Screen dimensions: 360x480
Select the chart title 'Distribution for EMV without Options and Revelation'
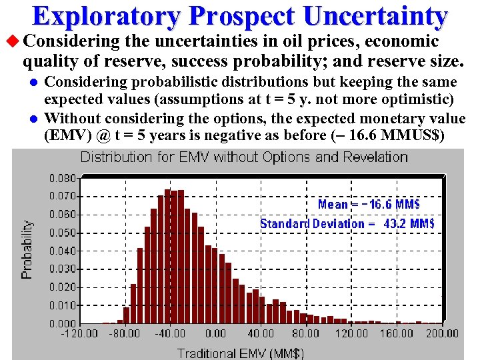coord(244,157)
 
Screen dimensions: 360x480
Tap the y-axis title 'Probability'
coord(27,250)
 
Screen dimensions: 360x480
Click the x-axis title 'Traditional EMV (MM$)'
coord(241,353)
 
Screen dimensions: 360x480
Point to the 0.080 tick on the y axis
coord(63,179)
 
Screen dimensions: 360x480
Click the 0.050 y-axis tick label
coord(63,233)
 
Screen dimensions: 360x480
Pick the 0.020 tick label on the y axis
coord(63,287)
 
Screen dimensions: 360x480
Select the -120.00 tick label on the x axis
coord(79,333)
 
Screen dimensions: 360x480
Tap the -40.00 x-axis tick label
coord(170,333)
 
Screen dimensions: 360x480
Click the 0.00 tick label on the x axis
coord(215,333)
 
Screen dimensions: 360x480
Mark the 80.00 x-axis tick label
coord(305,333)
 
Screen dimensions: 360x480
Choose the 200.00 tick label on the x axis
coord(441,333)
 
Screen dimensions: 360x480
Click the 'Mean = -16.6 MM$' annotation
coord(369,205)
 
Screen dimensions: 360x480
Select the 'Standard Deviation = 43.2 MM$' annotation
coord(347,223)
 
